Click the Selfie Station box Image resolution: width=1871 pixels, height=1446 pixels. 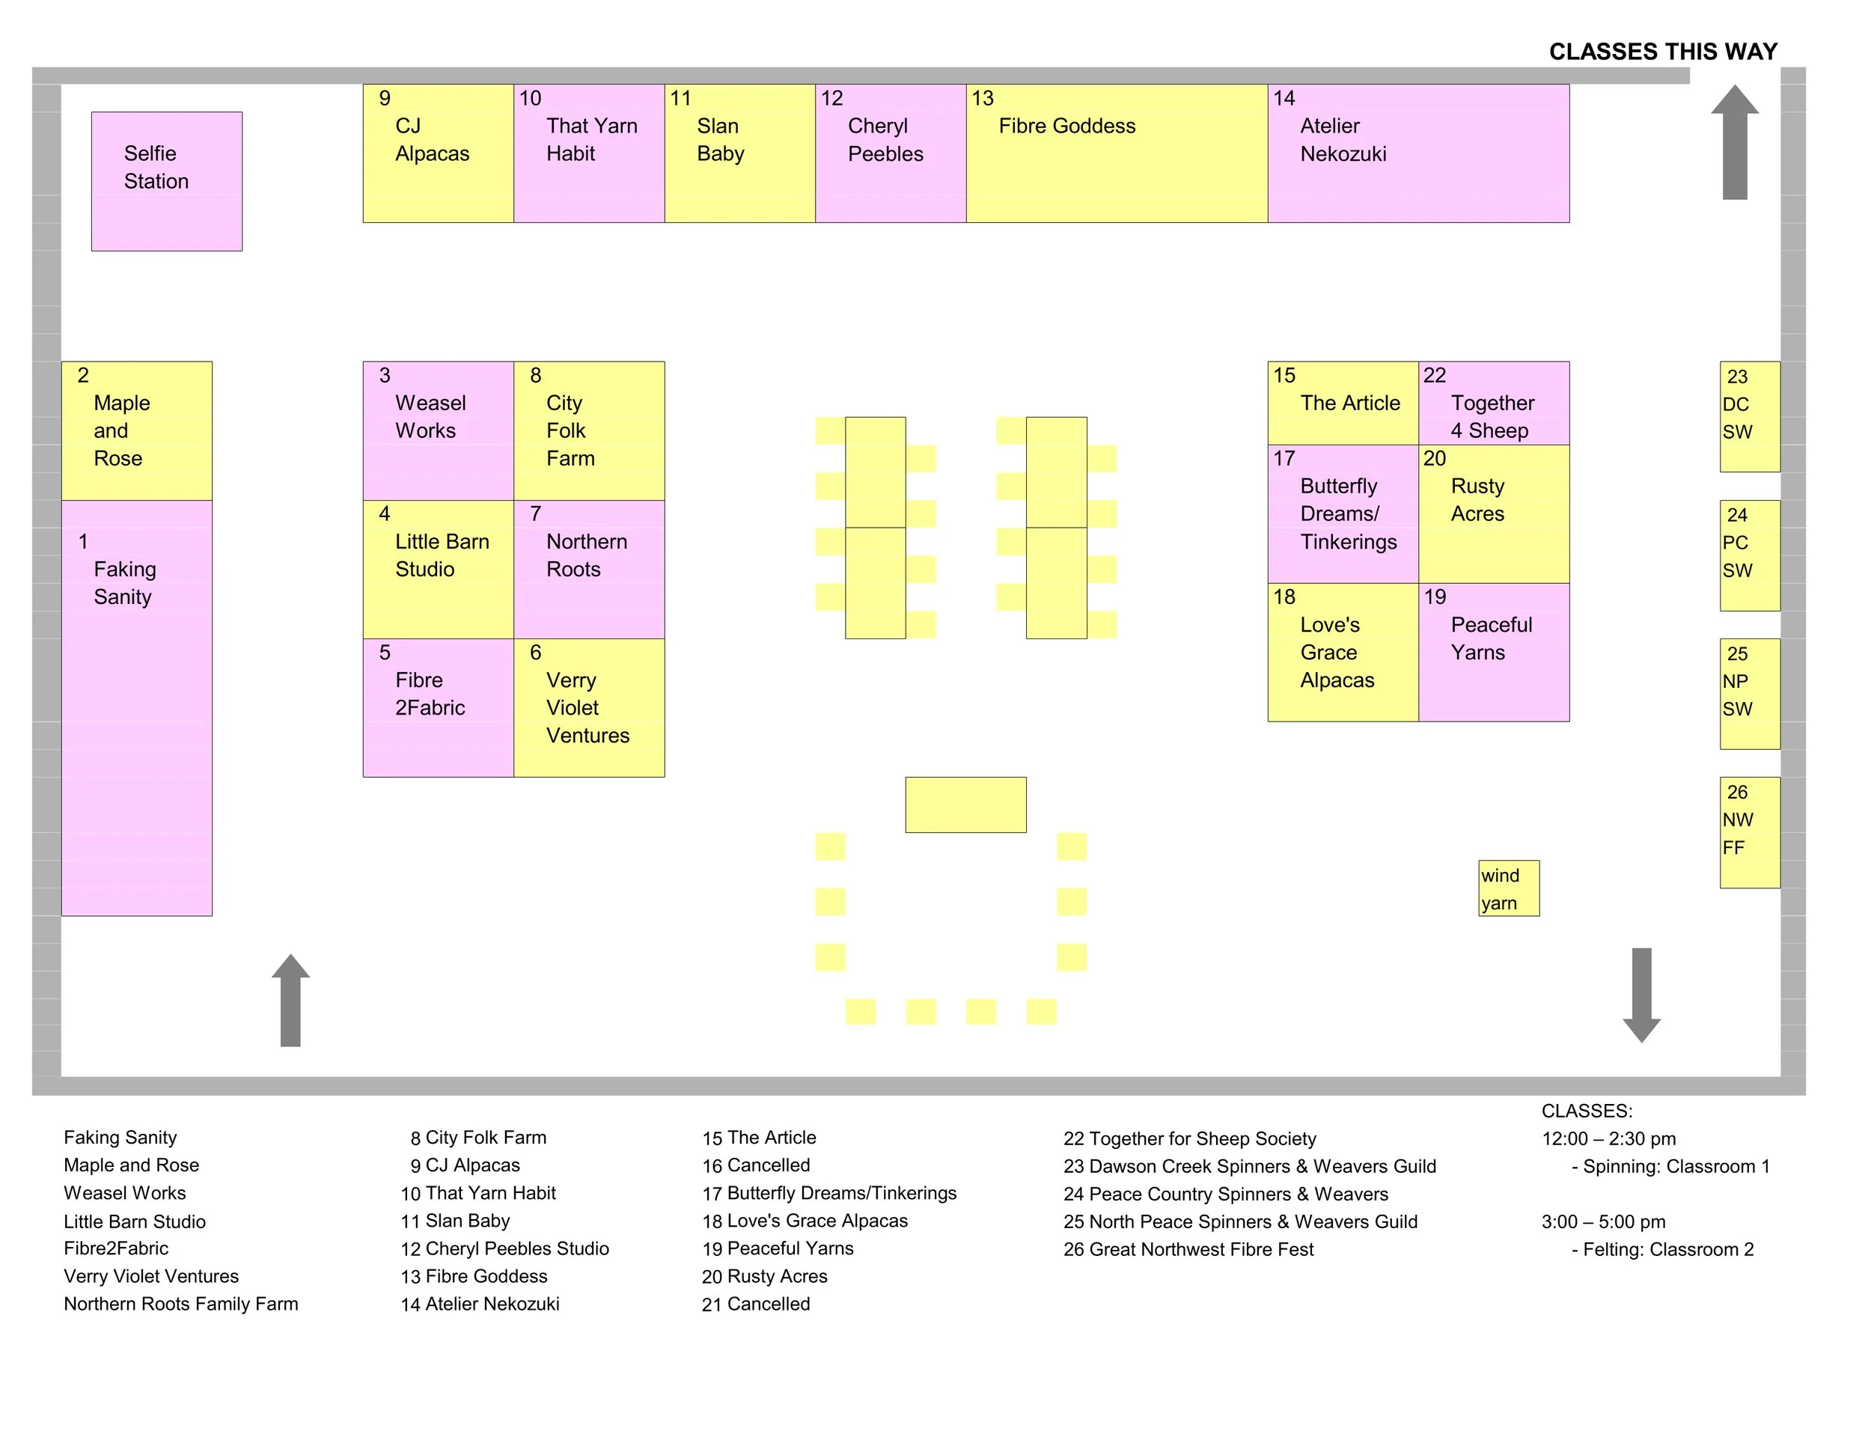166,181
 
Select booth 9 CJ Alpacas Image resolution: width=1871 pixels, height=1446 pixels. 438,153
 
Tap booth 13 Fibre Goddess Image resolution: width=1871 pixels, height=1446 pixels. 1117,153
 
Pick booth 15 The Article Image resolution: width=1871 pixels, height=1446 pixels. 1343,403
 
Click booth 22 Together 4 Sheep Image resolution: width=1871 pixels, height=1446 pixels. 1493,403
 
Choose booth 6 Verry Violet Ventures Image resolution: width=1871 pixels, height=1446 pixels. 588,707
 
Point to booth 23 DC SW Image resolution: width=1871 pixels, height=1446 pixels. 1749,416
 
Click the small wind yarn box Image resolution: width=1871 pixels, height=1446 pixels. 1508,888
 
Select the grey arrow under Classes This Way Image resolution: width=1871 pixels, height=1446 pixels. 1734,142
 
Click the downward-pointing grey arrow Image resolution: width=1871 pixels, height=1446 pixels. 1641,995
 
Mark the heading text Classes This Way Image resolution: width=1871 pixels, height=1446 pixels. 1663,52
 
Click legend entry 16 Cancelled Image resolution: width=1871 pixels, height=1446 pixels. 756,1165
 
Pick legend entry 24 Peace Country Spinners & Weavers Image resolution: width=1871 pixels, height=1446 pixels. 1225,1193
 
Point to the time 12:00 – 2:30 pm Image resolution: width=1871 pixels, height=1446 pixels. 1608,1138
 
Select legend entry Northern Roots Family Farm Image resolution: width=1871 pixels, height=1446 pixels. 181,1304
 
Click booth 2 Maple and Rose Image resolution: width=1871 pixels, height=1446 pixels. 136,430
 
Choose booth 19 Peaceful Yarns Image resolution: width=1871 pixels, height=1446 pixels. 1493,652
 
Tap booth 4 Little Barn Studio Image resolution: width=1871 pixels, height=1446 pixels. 438,569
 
